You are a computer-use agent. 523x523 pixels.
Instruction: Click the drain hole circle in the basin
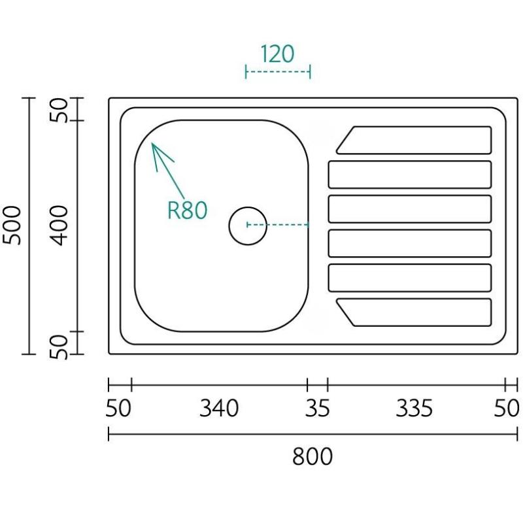tap(248, 225)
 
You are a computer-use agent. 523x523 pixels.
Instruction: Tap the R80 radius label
tap(187, 210)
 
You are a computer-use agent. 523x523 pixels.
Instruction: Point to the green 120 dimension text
tap(277, 54)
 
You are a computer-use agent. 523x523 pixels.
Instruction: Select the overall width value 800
tap(312, 456)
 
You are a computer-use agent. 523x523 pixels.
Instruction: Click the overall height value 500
tap(13, 225)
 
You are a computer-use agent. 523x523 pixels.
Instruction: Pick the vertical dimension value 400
tap(60, 225)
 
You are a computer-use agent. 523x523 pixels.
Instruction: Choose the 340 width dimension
tap(219, 409)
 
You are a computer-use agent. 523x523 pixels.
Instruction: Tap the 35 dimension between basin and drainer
tap(317, 409)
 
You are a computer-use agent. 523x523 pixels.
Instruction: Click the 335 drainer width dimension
tap(414, 409)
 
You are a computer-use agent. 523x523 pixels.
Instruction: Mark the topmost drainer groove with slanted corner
tap(414, 140)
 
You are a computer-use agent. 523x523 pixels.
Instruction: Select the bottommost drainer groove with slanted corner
tap(414, 312)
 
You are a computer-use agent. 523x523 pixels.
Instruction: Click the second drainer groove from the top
tap(409, 175)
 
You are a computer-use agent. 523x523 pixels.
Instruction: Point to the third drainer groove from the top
tap(409, 209)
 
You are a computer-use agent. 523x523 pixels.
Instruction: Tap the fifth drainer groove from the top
tap(409, 278)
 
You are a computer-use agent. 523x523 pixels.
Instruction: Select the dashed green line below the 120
tap(277, 71)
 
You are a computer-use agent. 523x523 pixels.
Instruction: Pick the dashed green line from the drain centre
tap(278, 225)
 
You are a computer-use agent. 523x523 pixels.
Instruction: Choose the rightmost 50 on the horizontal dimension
tap(506, 409)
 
